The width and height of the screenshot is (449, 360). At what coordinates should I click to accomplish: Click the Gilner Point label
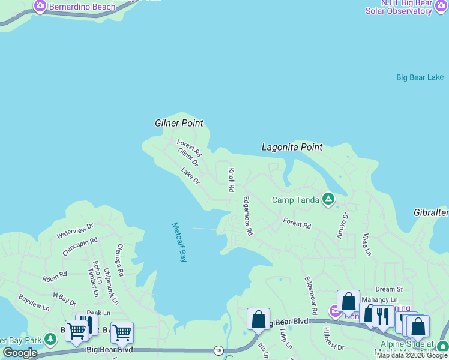tap(179, 123)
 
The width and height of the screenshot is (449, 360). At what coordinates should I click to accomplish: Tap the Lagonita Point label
tap(292, 147)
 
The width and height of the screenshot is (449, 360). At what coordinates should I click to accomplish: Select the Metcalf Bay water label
tap(179, 242)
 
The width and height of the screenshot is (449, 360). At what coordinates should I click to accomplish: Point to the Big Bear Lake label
tap(420, 77)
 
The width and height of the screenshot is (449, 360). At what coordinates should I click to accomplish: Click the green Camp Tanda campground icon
tap(328, 199)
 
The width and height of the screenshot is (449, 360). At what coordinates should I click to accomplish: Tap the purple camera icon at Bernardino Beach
tap(40, 7)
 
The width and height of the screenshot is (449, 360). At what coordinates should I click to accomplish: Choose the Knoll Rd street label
tap(231, 180)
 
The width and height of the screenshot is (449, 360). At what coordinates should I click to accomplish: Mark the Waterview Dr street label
tap(75, 230)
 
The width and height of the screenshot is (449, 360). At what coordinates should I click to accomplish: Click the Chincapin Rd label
tap(79, 246)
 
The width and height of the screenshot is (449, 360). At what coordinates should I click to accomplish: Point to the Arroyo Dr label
tap(342, 225)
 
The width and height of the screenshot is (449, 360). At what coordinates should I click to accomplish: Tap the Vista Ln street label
tap(365, 245)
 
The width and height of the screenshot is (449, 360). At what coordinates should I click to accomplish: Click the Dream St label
tap(388, 289)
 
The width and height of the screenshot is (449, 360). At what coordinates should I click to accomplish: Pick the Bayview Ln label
tap(34, 302)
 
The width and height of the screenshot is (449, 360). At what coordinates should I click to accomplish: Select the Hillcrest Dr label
tap(334, 339)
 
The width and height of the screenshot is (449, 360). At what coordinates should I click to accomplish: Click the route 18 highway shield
tap(218, 350)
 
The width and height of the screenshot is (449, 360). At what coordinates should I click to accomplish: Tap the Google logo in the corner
tap(20, 353)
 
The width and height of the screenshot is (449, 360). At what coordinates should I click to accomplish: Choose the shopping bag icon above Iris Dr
tap(258, 319)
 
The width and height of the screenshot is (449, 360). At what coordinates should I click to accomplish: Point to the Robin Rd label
tap(55, 277)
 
